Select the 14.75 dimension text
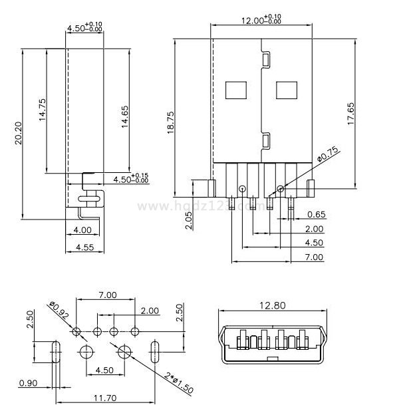[x=42, y=109]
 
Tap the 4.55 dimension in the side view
[x=84, y=247]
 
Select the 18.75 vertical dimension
[x=171, y=124]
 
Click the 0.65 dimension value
[x=317, y=214]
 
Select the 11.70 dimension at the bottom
[x=105, y=398]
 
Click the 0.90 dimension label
[x=29, y=383]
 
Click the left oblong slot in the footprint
[x=56, y=351]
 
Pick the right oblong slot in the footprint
[x=156, y=351]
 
